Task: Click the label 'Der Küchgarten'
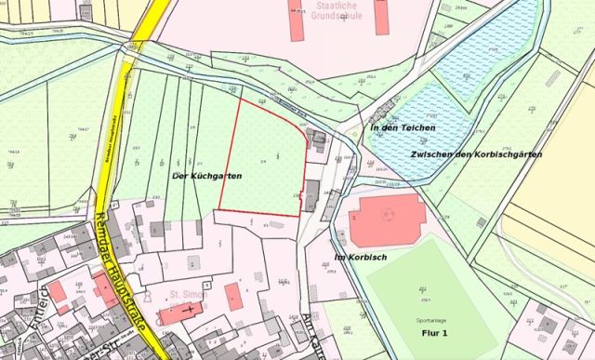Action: coord(207,175)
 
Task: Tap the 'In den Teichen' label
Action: coord(403,127)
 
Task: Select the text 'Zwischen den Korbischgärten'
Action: coord(475,153)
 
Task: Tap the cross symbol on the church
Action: coord(191,307)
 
